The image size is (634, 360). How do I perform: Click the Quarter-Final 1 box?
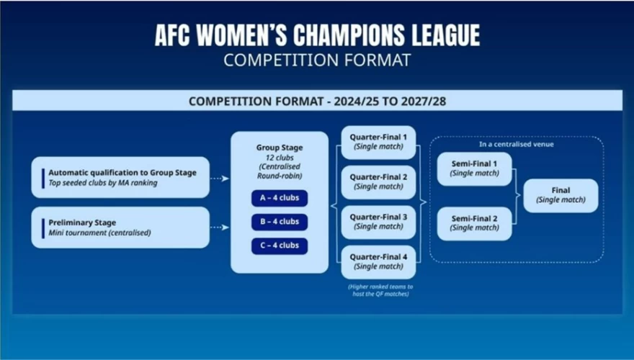coord(378,143)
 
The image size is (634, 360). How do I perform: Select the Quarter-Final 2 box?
coord(378,182)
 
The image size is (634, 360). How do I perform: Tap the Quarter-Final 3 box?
coord(378,222)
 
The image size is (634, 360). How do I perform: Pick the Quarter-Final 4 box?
coord(378,262)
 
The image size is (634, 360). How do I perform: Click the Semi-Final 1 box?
coord(474,169)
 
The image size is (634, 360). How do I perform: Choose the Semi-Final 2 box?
coord(474,223)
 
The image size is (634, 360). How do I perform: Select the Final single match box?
coord(561,196)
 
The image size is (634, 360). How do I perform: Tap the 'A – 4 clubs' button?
coord(280,198)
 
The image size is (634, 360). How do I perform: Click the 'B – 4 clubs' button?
coord(280,222)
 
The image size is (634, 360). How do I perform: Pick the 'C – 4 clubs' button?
coord(280,246)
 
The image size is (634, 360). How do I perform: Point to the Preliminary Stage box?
coord(120,228)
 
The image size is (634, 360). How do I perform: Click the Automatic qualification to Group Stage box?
coord(120,177)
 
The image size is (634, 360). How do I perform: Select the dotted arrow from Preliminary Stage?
coord(220,228)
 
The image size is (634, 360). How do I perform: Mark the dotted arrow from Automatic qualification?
coord(220,178)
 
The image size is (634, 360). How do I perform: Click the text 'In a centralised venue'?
coord(517,144)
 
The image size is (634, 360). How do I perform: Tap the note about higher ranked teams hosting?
coord(380,290)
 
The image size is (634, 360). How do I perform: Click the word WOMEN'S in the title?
coord(242,35)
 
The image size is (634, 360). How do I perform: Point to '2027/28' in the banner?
coord(424,101)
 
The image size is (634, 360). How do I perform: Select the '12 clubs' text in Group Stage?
coord(280,158)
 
